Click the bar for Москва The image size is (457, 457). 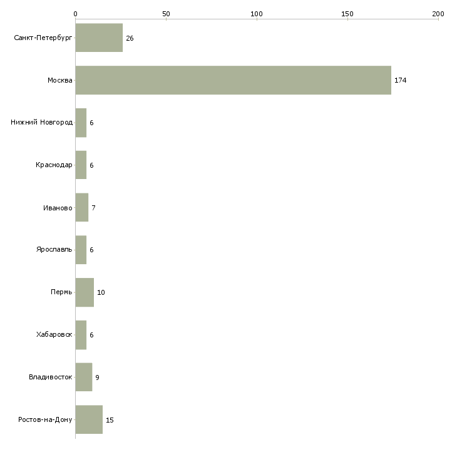coord(233,80)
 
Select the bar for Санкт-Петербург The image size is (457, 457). coord(99,38)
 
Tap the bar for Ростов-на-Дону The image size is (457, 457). coord(89,419)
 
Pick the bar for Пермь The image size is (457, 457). coord(85,292)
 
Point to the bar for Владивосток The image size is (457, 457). coord(84,377)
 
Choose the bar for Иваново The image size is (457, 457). coord(82,207)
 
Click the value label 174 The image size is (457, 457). coord(401,80)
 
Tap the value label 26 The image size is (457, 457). coord(130,38)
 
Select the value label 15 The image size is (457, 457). coord(110,420)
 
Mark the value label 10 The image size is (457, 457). coord(101,292)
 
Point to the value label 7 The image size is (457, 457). coord(93,208)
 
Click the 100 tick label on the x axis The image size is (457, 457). coord(257,14)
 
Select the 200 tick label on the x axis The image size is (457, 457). coord(438,14)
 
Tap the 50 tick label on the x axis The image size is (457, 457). coord(166,14)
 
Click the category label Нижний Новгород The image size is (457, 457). coord(42,122)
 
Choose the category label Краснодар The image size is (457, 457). coord(54,165)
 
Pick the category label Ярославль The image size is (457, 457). coord(54,250)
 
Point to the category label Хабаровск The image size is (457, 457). coord(54,334)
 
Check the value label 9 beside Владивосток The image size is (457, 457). coord(97,377)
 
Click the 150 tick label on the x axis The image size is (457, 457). coord(347,14)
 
